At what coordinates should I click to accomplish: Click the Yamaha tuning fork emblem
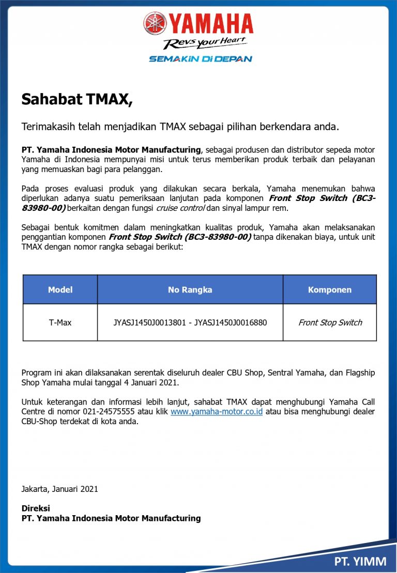[156, 24]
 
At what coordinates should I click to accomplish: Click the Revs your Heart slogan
[205, 43]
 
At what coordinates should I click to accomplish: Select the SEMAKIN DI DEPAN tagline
[201, 59]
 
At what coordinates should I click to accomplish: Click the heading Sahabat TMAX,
[77, 99]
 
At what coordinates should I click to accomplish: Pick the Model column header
[60, 290]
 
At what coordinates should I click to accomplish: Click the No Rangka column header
[190, 290]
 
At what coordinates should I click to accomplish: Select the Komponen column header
[329, 290]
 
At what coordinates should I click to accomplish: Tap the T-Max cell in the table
[60, 322]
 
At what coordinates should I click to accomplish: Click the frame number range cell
[190, 322]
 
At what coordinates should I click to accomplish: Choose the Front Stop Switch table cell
[330, 322]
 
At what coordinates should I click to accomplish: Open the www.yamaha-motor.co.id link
[217, 412]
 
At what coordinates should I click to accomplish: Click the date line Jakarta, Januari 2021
[59, 489]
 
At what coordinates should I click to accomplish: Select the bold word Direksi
[36, 508]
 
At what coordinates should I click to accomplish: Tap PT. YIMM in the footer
[360, 561]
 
